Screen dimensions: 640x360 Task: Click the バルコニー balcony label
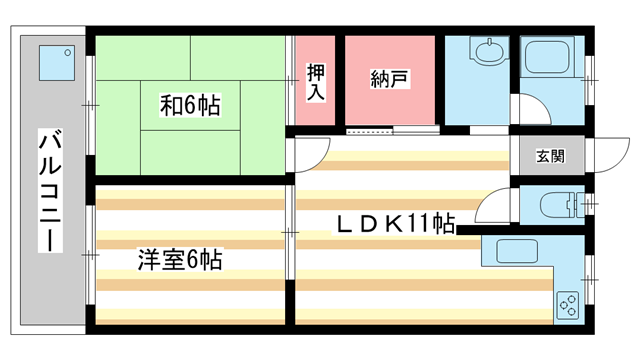point(47,191)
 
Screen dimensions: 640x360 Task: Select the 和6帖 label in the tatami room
point(190,103)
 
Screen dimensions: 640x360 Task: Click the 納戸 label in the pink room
point(391,81)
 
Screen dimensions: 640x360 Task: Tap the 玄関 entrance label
point(550,156)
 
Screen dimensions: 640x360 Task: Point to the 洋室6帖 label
point(180,260)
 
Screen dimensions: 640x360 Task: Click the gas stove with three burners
point(567,303)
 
